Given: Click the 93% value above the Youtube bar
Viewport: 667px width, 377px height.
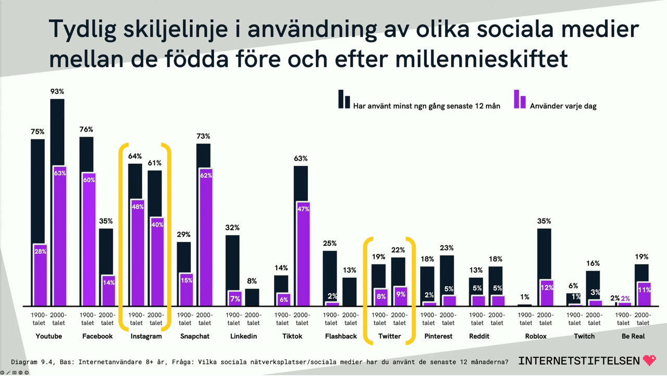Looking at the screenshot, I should pos(57,92).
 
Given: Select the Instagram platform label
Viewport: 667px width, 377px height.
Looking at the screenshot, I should pos(146,336).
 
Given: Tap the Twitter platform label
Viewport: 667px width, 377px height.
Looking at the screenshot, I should pos(389,336).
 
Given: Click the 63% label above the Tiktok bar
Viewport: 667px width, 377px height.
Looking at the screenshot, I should pos(301,159).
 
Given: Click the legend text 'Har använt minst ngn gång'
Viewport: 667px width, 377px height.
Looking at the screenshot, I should pos(426,106).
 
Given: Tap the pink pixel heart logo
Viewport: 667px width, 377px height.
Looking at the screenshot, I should pos(649,360).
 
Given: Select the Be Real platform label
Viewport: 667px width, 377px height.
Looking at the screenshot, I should pos(633,336).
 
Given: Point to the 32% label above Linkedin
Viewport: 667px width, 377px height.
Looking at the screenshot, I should pos(232,228).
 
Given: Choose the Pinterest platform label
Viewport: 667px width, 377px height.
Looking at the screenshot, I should pos(437,336).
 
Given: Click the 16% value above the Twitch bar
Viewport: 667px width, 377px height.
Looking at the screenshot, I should pos(593,263).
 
